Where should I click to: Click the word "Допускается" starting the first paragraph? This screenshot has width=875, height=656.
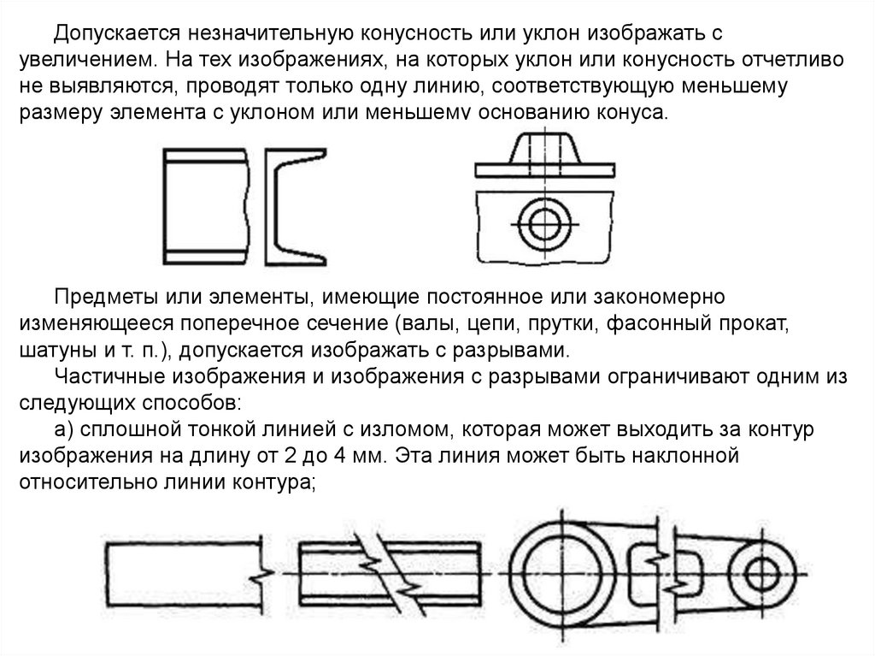(x=109, y=33)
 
